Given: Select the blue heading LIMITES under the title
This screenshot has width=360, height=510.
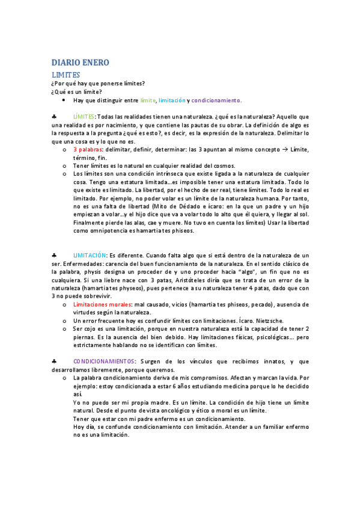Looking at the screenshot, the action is coord(66,75).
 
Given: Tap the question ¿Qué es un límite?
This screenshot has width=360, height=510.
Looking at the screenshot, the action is coord(76,91).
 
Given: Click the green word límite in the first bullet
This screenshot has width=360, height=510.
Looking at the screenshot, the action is coord(147,100).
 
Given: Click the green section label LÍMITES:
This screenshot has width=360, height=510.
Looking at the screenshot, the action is coord(84,115).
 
